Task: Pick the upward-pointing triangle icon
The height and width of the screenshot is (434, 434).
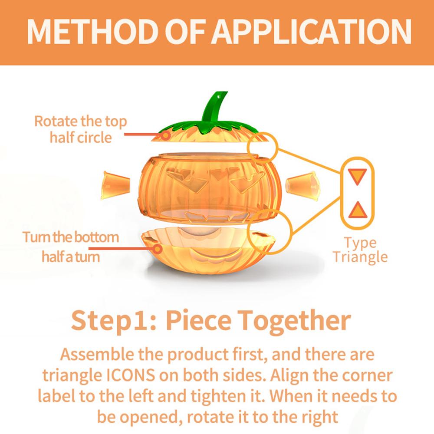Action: coord(358,210)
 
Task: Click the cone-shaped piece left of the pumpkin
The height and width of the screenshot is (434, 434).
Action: coord(115,184)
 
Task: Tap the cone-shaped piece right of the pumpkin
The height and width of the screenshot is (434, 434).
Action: coord(302,184)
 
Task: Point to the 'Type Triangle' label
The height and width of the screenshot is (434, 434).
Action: coord(359,250)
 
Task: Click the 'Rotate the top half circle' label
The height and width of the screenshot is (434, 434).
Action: coord(80,129)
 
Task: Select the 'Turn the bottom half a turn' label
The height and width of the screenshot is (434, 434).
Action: coord(71,247)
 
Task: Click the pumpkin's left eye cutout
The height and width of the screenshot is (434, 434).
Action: coord(187,181)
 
